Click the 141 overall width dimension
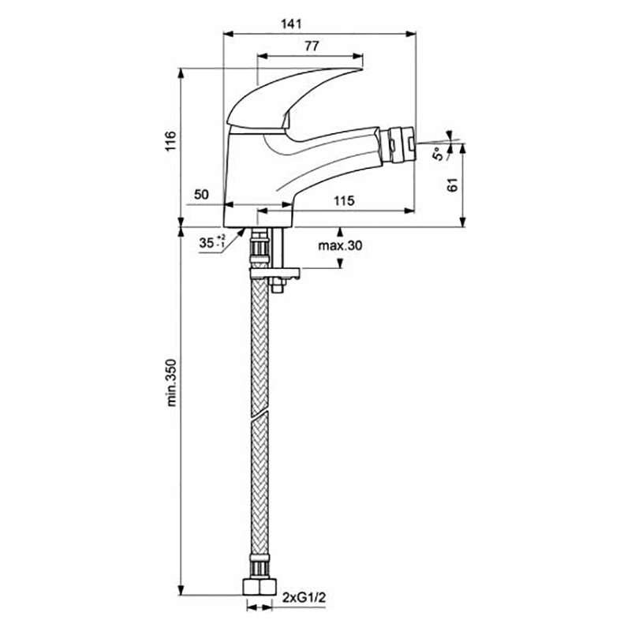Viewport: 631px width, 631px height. (x=291, y=24)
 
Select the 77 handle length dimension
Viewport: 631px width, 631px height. (x=312, y=47)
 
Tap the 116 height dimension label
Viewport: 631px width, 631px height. (x=170, y=141)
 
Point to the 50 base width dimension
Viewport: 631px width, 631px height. (x=202, y=194)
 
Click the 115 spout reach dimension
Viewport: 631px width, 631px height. (x=344, y=200)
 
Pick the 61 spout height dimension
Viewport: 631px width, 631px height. (x=453, y=185)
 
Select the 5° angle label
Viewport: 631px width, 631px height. (x=439, y=154)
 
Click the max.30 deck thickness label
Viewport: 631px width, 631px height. (x=340, y=245)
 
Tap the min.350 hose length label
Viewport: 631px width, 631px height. (x=171, y=383)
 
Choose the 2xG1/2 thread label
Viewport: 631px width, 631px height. (x=304, y=598)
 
